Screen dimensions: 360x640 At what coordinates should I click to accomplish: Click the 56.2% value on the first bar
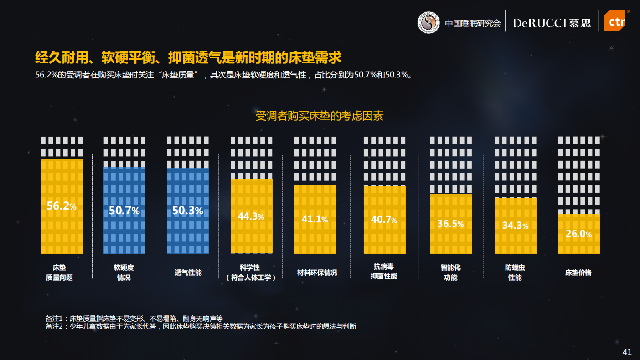(x=62, y=206)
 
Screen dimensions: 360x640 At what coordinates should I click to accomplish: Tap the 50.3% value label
(x=187, y=211)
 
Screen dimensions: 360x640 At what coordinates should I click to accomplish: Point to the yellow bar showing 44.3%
(x=251, y=217)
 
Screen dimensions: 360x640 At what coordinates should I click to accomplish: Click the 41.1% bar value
(x=315, y=219)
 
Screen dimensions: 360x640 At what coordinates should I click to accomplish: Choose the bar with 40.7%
(x=384, y=220)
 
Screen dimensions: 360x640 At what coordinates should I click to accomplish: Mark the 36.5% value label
(x=450, y=224)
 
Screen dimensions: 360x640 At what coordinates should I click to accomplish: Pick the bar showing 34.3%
(x=515, y=226)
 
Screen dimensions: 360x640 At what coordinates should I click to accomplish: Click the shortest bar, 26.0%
(x=578, y=234)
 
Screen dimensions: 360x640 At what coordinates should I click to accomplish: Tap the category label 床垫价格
(x=578, y=273)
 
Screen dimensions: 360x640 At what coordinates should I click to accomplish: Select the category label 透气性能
(x=188, y=273)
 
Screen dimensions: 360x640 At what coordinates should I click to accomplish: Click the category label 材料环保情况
(x=317, y=273)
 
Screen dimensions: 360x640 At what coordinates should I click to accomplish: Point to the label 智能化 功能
(x=450, y=272)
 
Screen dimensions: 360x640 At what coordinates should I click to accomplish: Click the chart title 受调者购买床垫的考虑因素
(x=320, y=116)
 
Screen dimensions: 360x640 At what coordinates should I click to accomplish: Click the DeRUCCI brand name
(x=539, y=23)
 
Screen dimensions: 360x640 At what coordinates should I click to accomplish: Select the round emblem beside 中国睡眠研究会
(x=428, y=22)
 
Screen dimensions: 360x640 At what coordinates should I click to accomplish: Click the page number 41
(x=627, y=352)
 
